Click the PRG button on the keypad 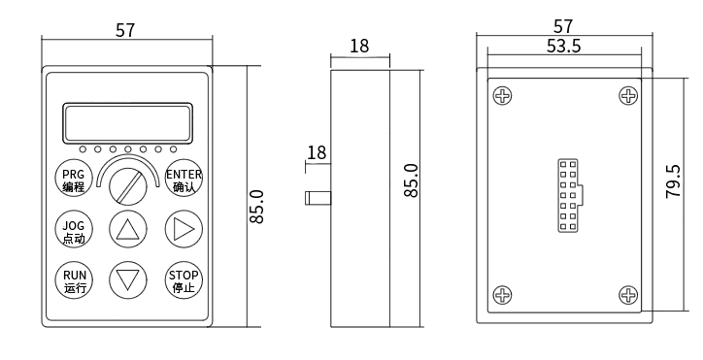pyautogui.click(x=73, y=178)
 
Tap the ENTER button pyautogui.click(x=184, y=178)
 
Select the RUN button pyautogui.click(x=73, y=280)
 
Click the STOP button pyautogui.click(x=184, y=280)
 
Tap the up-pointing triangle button pyautogui.click(x=128, y=230)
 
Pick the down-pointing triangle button pyautogui.click(x=128, y=280)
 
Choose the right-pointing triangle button pyautogui.click(x=184, y=230)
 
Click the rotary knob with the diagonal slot pyautogui.click(x=128, y=186)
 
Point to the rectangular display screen pyautogui.click(x=128, y=123)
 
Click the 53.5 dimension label pyautogui.click(x=563, y=46)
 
